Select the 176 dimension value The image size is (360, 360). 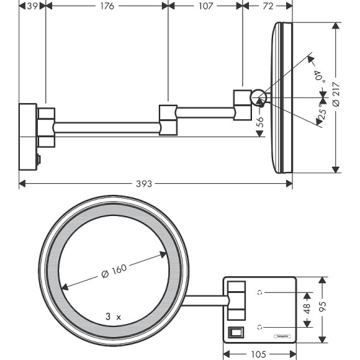(107, 6)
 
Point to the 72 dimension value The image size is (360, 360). (268, 6)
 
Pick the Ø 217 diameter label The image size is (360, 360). (336, 96)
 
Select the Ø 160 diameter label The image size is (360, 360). (114, 271)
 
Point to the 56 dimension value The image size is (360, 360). (260, 122)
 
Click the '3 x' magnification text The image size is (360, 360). (113, 316)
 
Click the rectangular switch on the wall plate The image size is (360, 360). (236, 332)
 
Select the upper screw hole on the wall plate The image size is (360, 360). (261, 290)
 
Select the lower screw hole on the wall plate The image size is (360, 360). (261, 325)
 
